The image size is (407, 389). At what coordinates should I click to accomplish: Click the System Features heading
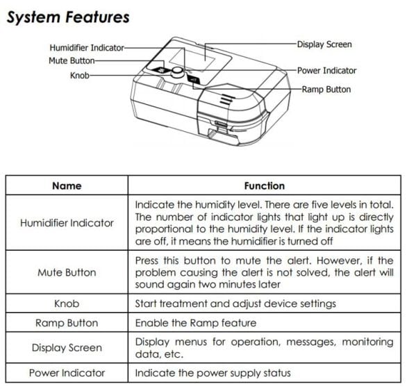pyautogui.click(x=67, y=16)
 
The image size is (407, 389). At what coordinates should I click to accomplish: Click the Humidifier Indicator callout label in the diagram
pyautogui.click(x=87, y=48)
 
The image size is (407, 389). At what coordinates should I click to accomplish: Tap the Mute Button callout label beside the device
pyautogui.click(x=72, y=60)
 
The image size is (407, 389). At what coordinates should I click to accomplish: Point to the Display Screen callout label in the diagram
pyautogui.click(x=324, y=44)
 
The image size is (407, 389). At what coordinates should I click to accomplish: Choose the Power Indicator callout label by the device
pyautogui.click(x=326, y=70)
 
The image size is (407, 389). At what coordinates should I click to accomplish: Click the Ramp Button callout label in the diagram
pyautogui.click(x=326, y=89)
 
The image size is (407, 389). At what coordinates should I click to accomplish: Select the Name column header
pyautogui.click(x=67, y=186)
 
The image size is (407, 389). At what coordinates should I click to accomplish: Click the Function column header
pyautogui.click(x=264, y=186)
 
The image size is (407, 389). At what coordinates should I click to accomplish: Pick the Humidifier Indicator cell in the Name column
pyautogui.click(x=67, y=223)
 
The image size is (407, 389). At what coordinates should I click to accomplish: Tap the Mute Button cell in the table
pyautogui.click(x=67, y=272)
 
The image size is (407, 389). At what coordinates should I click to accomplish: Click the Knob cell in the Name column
pyautogui.click(x=67, y=304)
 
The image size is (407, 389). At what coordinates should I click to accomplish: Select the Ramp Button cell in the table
pyautogui.click(x=67, y=323)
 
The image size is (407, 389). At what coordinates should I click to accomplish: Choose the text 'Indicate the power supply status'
pyautogui.click(x=212, y=373)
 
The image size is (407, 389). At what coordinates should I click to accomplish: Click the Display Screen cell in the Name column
pyautogui.click(x=67, y=348)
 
